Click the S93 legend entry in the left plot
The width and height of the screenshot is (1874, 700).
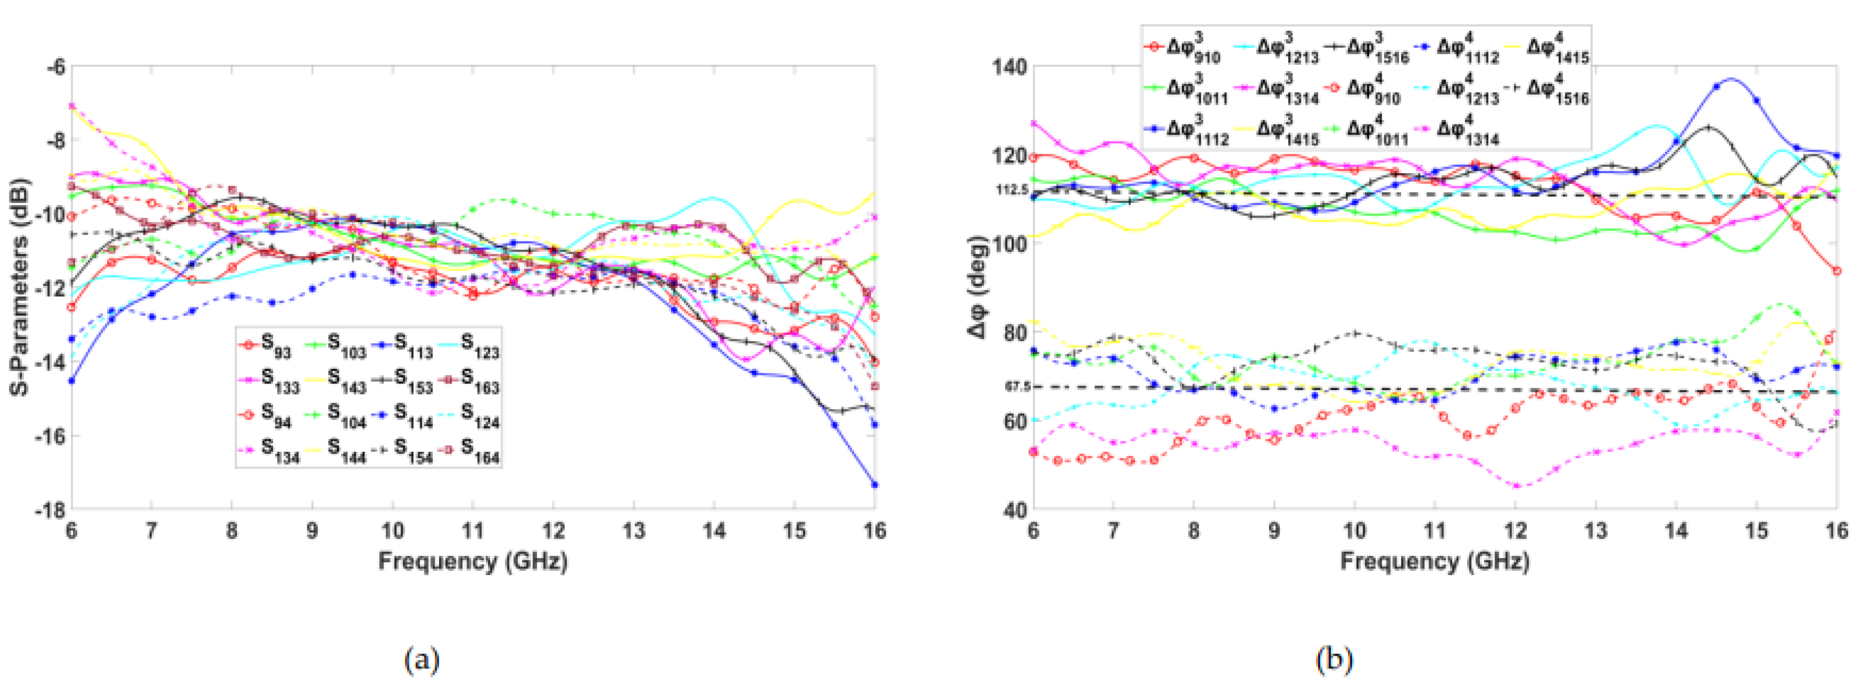click(266, 345)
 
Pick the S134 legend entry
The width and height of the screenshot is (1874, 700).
click(266, 451)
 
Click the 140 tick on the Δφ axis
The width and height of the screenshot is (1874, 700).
click(1009, 67)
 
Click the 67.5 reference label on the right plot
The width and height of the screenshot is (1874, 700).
click(1017, 387)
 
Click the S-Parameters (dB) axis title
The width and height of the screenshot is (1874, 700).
click(20, 287)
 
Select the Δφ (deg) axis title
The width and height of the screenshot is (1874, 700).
click(978, 287)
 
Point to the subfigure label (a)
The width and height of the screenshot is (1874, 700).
click(421, 660)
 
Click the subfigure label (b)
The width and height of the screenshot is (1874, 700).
click(1334, 660)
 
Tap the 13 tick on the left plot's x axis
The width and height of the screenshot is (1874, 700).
click(634, 532)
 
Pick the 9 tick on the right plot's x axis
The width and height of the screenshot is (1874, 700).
click(1274, 532)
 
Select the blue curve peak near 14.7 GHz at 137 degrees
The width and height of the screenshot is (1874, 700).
click(1730, 79)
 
